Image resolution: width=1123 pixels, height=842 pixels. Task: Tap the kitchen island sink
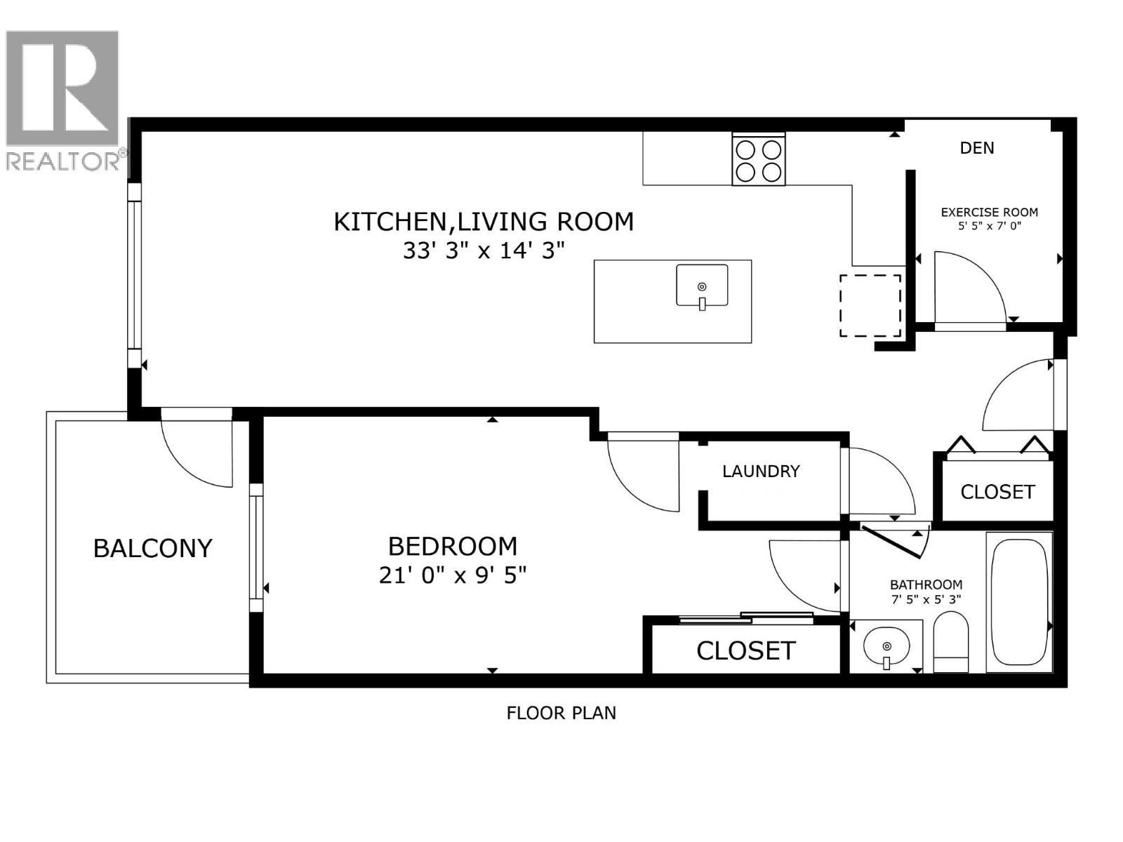pos(702,286)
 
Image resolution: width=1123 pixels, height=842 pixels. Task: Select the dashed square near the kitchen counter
pos(870,305)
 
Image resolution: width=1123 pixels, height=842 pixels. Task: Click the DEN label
pos(976,148)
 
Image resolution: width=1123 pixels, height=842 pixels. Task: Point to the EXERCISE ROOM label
pos(989,212)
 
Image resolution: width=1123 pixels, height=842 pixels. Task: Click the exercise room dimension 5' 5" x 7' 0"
pos(989,226)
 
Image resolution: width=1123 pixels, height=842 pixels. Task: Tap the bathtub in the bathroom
pos(1018,602)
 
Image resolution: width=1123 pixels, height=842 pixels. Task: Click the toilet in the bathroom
pos(951,642)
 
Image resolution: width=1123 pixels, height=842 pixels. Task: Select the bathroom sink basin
pos(886,646)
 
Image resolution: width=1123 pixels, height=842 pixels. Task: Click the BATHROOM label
pos(926,584)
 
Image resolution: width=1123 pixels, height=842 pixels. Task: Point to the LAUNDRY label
pos(761,471)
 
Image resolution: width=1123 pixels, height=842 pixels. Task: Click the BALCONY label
pos(152,548)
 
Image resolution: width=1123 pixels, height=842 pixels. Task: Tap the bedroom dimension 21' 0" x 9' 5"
pos(453,575)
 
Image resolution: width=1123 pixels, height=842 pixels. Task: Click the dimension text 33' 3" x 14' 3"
pos(484,250)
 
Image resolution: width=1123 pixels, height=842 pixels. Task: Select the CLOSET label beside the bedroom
pos(745,650)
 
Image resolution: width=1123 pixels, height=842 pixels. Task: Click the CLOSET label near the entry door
pos(997,492)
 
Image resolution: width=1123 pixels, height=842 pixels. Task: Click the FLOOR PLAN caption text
pos(561,713)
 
